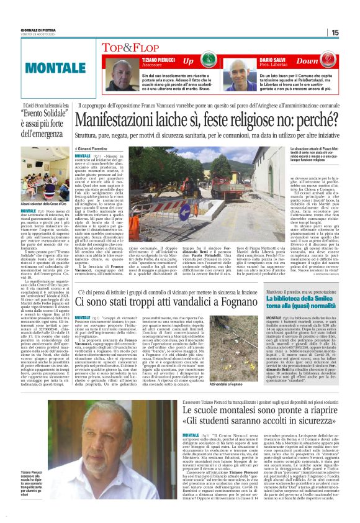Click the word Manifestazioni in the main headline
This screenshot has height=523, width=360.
124,117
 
